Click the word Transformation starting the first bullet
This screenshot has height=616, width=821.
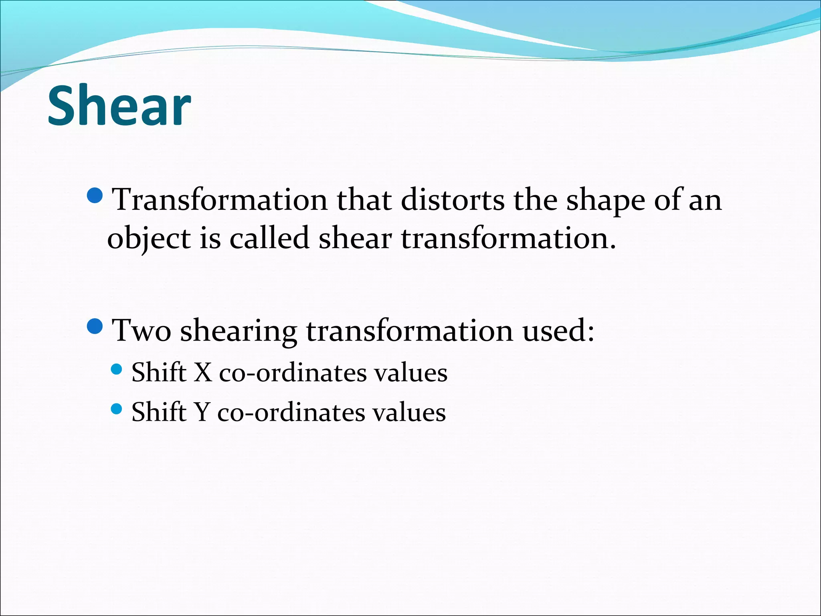click(x=220, y=200)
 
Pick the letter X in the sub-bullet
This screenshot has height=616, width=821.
click(x=203, y=372)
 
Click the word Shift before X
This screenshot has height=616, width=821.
click(x=159, y=372)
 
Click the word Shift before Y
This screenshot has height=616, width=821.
click(x=159, y=412)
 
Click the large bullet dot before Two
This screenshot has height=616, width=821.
click(x=95, y=327)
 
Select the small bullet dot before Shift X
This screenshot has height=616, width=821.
click(x=116, y=369)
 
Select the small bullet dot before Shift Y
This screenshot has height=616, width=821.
click(x=116, y=409)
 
